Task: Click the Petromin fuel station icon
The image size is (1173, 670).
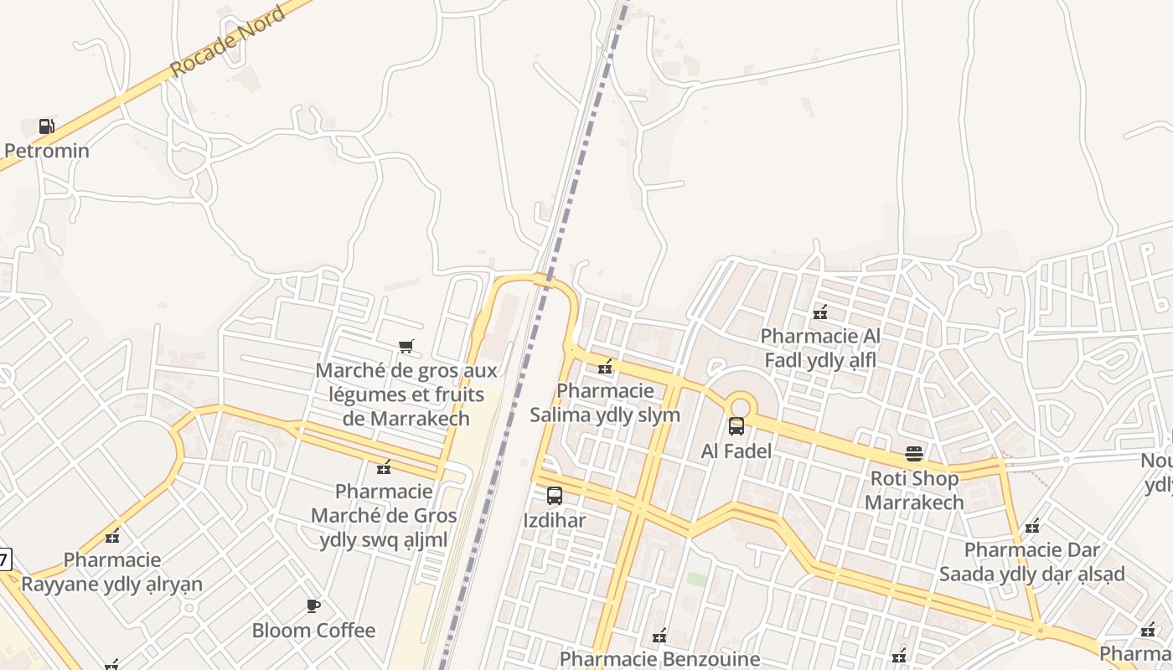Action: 47,126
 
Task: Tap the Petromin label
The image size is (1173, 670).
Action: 47,152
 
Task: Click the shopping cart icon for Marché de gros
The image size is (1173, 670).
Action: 406,347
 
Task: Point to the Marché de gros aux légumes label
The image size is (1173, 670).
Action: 406,394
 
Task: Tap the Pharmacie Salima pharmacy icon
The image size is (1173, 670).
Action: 605,367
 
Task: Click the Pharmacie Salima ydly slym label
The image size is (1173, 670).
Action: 605,403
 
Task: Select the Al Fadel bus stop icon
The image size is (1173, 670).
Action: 736,426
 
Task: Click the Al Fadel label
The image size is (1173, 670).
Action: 736,451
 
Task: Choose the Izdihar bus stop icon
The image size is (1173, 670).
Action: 555,496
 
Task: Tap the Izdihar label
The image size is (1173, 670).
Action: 555,521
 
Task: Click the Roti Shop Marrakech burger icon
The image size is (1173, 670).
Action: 914,454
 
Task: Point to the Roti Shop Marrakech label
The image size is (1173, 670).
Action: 914,491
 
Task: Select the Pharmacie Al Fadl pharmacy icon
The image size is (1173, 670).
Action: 820,312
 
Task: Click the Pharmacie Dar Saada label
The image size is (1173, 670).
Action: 1031,562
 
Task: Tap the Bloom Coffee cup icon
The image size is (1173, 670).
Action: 313,606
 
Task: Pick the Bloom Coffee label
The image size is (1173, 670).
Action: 313,631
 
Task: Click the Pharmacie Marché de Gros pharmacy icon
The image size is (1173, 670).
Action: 385,466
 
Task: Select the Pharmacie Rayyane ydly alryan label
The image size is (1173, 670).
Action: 111,572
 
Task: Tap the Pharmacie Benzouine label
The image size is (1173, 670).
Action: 659,659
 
